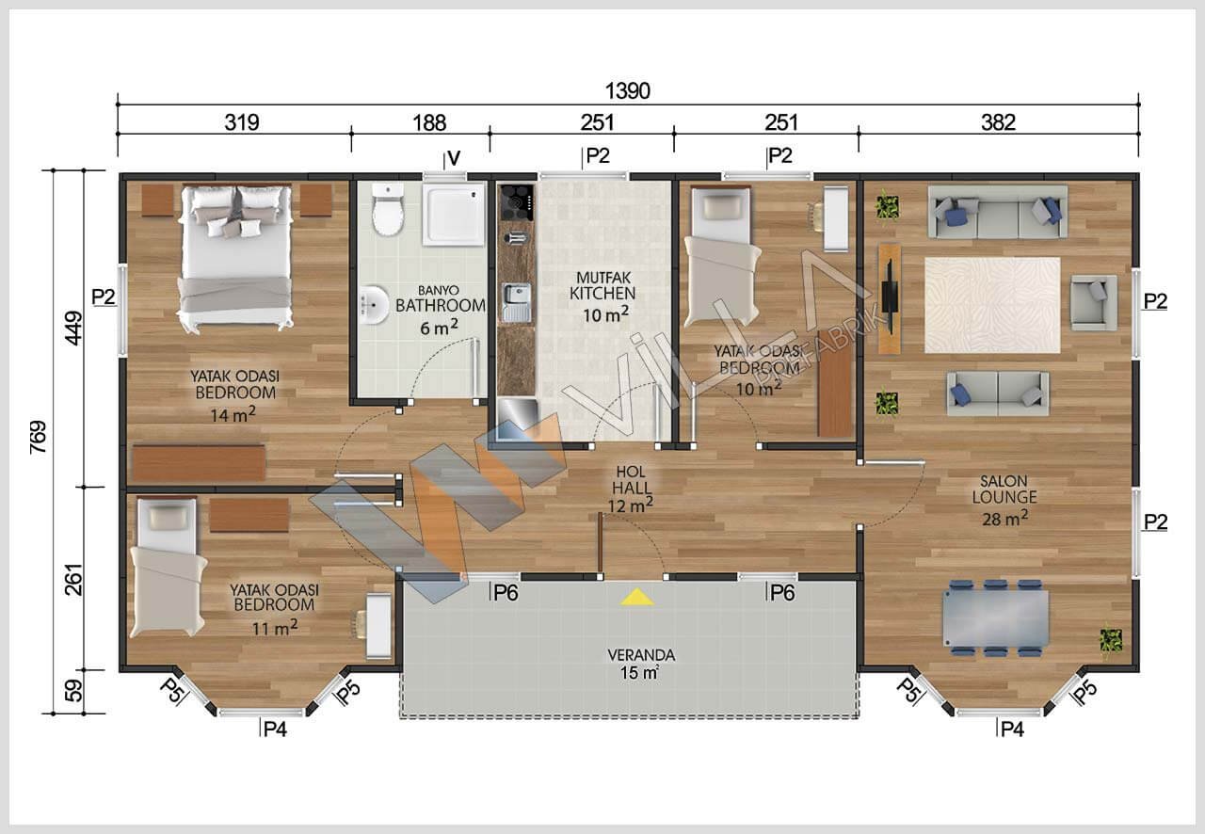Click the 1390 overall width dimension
pyautogui.click(x=627, y=91)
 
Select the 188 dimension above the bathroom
pyautogui.click(x=429, y=122)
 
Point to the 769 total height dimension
pyautogui.click(x=39, y=438)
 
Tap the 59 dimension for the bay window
pyautogui.click(x=73, y=691)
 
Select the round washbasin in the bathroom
pyautogui.click(x=375, y=305)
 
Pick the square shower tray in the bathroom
pyautogui.click(x=453, y=215)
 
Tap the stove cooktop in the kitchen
pyautogui.click(x=517, y=202)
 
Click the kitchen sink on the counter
pyautogui.click(x=517, y=302)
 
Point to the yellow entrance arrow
pyautogui.click(x=637, y=597)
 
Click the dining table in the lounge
pyautogui.click(x=995, y=618)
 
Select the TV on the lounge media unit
pyautogui.click(x=888, y=297)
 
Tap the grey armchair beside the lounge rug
pyautogui.click(x=1094, y=302)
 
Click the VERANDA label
pyautogui.click(x=641, y=655)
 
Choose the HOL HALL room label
pyautogui.click(x=631, y=480)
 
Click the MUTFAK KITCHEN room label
pyautogui.click(x=603, y=286)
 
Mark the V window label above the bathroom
pyautogui.click(x=454, y=158)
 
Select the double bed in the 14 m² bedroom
pyautogui.click(x=235, y=257)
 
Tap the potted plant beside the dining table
pyautogui.click(x=1111, y=641)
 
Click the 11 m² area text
pyautogui.click(x=275, y=627)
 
